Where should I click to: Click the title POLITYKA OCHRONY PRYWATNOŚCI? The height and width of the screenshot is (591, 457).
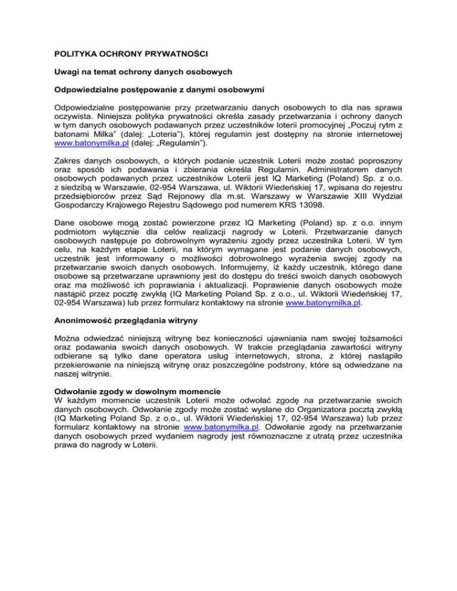pos(128,54)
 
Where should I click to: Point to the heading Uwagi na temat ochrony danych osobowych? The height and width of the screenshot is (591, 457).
pos(139,74)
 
